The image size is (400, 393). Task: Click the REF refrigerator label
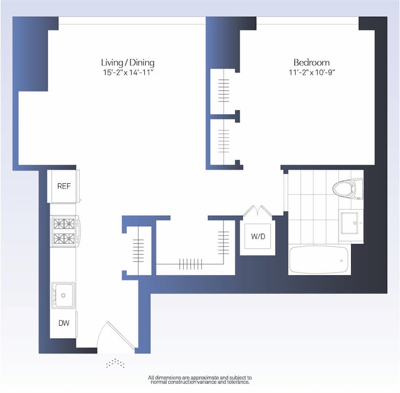[x=64, y=186]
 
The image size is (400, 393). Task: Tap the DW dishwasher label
[x=63, y=323]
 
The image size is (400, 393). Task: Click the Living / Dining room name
[x=127, y=62]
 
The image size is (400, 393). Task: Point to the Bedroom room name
[x=312, y=62]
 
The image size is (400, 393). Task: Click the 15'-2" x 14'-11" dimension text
[x=127, y=73]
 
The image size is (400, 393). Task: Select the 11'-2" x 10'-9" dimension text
[x=312, y=73]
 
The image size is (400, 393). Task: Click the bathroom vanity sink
[x=351, y=223]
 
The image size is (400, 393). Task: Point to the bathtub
[x=319, y=260]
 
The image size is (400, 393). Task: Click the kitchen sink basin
[x=63, y=295]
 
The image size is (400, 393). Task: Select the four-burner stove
[x=64, y=231]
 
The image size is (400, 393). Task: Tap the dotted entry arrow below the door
[x=116, y=363]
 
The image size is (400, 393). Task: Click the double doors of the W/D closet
[x=258, y=211]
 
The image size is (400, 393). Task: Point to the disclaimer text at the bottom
[x=199, y=380]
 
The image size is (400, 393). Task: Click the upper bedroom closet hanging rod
[x=224, y=91]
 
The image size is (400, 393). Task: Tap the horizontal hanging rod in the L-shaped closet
[x=190, y=264]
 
